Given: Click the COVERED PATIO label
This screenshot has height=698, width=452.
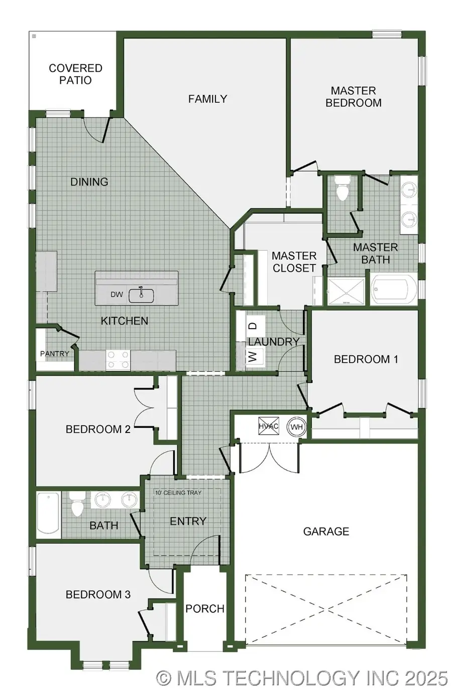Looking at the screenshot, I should [x=75, y=74].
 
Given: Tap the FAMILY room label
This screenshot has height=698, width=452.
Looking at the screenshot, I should [x=207, y=99].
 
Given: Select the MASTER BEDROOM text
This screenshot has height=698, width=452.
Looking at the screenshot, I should [x=354, y=97].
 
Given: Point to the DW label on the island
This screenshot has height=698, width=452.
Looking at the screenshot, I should [x=117, y=295].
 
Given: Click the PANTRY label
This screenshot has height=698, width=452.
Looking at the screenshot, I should [x=54, y=354].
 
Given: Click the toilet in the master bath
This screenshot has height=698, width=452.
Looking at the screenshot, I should [x=343, y=190].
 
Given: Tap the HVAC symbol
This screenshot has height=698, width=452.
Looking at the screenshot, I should [x=269, y=427].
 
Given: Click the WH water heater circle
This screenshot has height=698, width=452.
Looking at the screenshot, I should [x=296, y=427].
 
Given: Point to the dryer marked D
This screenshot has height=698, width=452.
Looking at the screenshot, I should [x=254, y=326].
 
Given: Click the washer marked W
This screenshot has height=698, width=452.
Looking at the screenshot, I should [x=254, y=357].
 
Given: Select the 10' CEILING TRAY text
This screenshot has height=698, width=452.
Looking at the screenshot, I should [x=178, y=493].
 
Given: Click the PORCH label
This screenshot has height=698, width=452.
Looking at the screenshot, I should [x=204, y=609].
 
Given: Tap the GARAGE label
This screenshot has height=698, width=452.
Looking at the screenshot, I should [x=326, y=531].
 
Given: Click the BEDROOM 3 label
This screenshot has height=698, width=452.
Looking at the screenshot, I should [x=98, y=595].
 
